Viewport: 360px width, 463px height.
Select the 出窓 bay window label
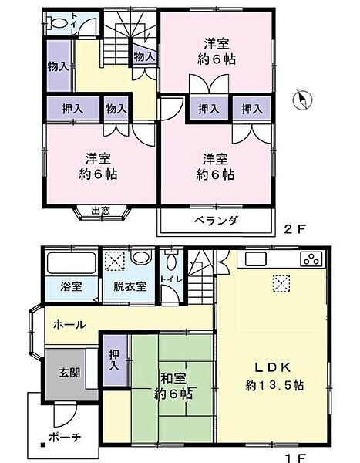[x=100, y=210]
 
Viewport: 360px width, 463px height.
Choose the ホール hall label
[x=69, y=326]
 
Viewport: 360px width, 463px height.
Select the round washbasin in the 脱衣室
[x=140, y=259]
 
